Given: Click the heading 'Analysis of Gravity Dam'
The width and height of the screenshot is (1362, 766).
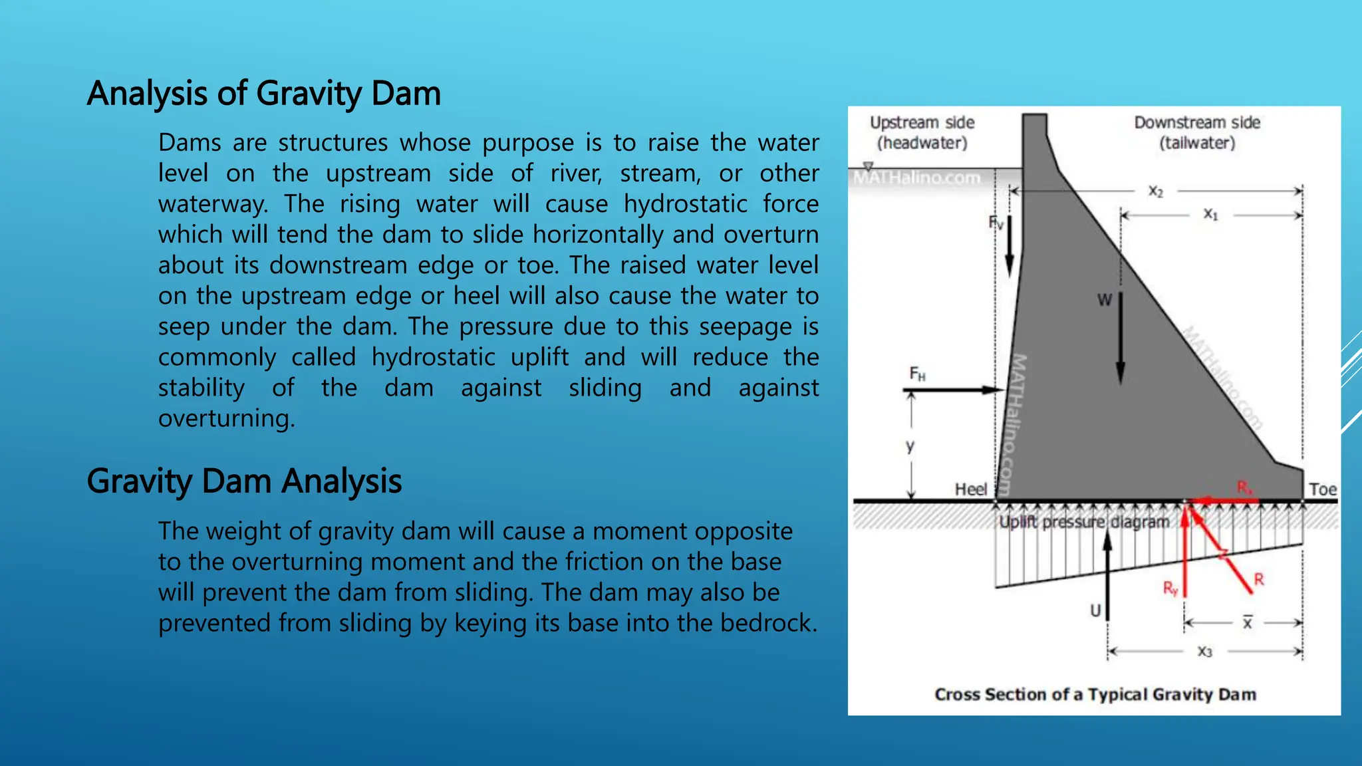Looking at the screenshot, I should coord(263,93).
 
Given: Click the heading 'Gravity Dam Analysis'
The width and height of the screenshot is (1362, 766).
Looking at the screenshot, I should coord(244,481).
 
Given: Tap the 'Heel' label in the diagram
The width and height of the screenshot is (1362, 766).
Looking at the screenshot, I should coord(970,489).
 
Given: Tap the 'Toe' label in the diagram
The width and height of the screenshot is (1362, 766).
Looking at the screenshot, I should coord(1322,489).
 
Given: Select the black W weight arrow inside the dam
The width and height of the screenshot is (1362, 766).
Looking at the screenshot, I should coord(1120,339).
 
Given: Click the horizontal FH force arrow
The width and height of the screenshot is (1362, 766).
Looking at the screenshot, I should coord(954,390).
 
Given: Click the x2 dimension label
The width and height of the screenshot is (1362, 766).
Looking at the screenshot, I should coord(1156,191).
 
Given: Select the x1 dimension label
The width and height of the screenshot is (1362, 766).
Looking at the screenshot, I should coord(1210,215).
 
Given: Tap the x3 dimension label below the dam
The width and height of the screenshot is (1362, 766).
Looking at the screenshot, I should coord(1204,652).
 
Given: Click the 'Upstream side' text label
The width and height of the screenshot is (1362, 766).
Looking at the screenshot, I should coord(922,123).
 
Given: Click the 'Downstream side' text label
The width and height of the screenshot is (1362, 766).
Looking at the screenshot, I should coord(1197,123).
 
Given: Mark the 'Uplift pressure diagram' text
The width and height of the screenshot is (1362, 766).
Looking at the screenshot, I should coord(1084,523).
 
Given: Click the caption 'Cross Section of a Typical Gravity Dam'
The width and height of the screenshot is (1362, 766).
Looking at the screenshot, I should coord(1095,694).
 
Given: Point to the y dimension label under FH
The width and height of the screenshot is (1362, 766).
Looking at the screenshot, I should coord(910,446).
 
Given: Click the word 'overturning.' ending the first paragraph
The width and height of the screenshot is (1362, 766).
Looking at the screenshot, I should coord(226,418).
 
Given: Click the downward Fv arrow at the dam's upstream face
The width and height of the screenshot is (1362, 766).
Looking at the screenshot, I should coord(1009,246).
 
